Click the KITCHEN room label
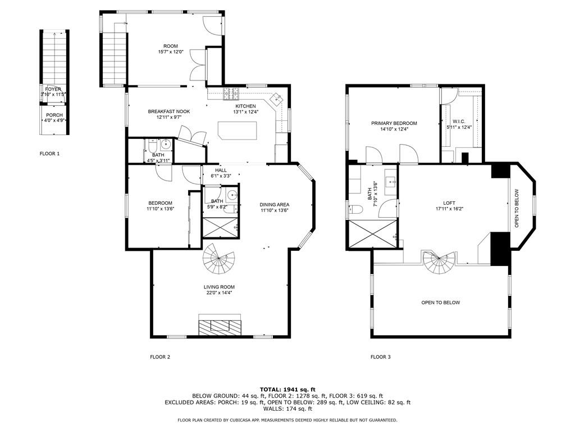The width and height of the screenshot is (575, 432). [x=245, y=106]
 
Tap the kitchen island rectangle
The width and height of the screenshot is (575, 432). [x=238, y=133]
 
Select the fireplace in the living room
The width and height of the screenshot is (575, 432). [x=220, y=325]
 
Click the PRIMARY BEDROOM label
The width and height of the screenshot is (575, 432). [x=394, y=123]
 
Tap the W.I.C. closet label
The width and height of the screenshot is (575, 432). [x=459, y=121]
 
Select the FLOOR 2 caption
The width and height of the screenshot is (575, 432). [x=159, y=357]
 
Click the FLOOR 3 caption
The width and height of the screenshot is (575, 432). [x=380, y=357]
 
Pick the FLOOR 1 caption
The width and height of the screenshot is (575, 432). [x=49, y=154]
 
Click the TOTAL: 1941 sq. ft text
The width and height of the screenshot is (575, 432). [x=287, y=389]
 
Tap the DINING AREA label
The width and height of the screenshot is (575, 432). [x=275, y=205]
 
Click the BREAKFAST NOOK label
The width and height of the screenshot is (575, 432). [x=169, y=111]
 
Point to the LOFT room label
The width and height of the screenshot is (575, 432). [x=449, y=203]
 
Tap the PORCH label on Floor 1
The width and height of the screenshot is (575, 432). [x=54, y=115]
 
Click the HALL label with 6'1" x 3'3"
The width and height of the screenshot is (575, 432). [x=221, y=170]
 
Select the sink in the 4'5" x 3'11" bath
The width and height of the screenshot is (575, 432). [x=166, y=143]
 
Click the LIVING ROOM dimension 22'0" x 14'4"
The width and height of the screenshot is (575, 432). [x=219, y=292]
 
